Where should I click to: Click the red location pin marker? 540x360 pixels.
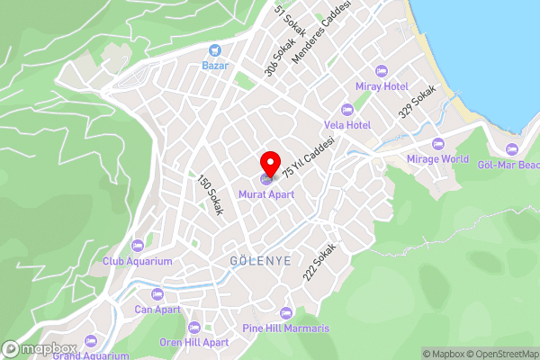tap(269, 165)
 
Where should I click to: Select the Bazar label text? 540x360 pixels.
tap(215, 66)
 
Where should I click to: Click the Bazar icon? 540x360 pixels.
tap(215, 50)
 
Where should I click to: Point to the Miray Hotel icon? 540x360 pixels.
tap(381, 70)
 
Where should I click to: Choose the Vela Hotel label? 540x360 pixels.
tap(347, 124)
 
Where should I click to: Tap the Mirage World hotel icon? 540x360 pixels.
tap(438, 144)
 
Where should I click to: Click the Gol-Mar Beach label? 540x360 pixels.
tap(508, 165)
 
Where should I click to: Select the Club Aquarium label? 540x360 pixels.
tap(137, 261)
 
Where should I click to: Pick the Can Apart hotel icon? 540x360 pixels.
tap(157, 293)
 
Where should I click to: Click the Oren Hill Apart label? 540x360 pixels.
tap(193, 342)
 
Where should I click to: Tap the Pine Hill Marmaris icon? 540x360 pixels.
tap(286, 313)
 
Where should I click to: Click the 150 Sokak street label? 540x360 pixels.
tap(210, 195)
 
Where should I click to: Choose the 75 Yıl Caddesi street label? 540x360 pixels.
tap(309, 157)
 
